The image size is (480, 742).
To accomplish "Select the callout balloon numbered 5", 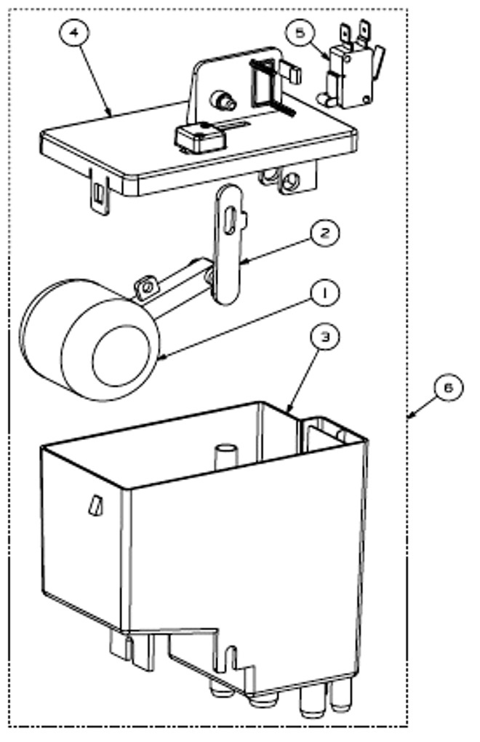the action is pyautogui.click(x=300, y=33).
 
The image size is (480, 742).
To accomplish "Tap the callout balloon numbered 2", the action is pyautogui.click(x=325, y=234).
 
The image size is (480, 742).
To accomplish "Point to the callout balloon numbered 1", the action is pyautogui.click(x=325, y=293).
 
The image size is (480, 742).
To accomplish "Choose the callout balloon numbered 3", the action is pyautogui.click(x=325, y=337).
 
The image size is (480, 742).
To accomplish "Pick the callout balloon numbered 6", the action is pyautogui.click(x=448, y=388).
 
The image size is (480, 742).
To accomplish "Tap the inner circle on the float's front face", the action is pyautogui.click(x=121, y=356).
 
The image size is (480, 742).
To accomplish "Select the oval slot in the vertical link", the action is pyautogui.click(x=229, y=220).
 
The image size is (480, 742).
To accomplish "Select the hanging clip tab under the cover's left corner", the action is pyautogui.click(x=100, y=193).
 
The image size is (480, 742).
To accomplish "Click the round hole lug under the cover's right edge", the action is pyautogui.click(x=290, y=181).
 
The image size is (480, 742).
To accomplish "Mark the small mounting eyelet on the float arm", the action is pyautogui.click(x=145, y=287).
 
